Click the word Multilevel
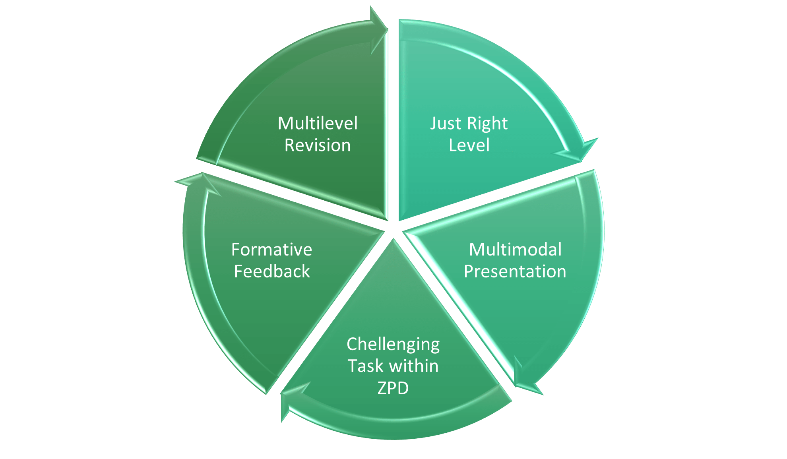[318, 123]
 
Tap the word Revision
[318, 145]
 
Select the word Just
[445, 124]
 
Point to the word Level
[469, 145]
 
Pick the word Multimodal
[515, 250]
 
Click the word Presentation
[515, 271]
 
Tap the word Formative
[272, 250]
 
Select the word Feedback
[272, 271]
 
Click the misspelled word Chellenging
[393, 344]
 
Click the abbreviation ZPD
[393, 388]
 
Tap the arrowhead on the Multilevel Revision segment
[378, 30]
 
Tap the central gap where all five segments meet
[393, 229]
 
